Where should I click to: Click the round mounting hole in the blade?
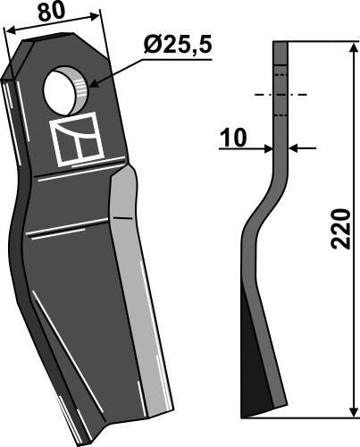63,89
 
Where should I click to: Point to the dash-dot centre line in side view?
281,94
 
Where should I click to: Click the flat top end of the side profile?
281,43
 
